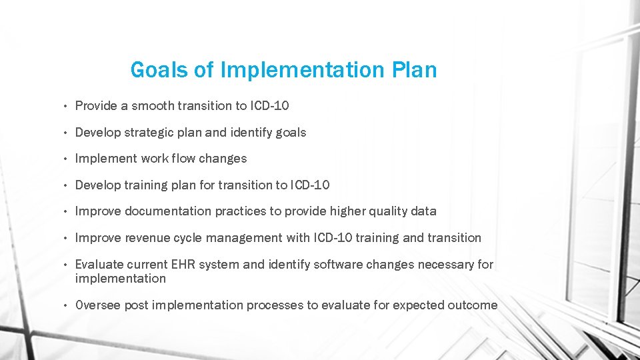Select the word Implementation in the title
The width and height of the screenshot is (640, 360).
tap(302, 69)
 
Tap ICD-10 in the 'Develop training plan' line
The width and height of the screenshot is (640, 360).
tap(309, 185)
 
